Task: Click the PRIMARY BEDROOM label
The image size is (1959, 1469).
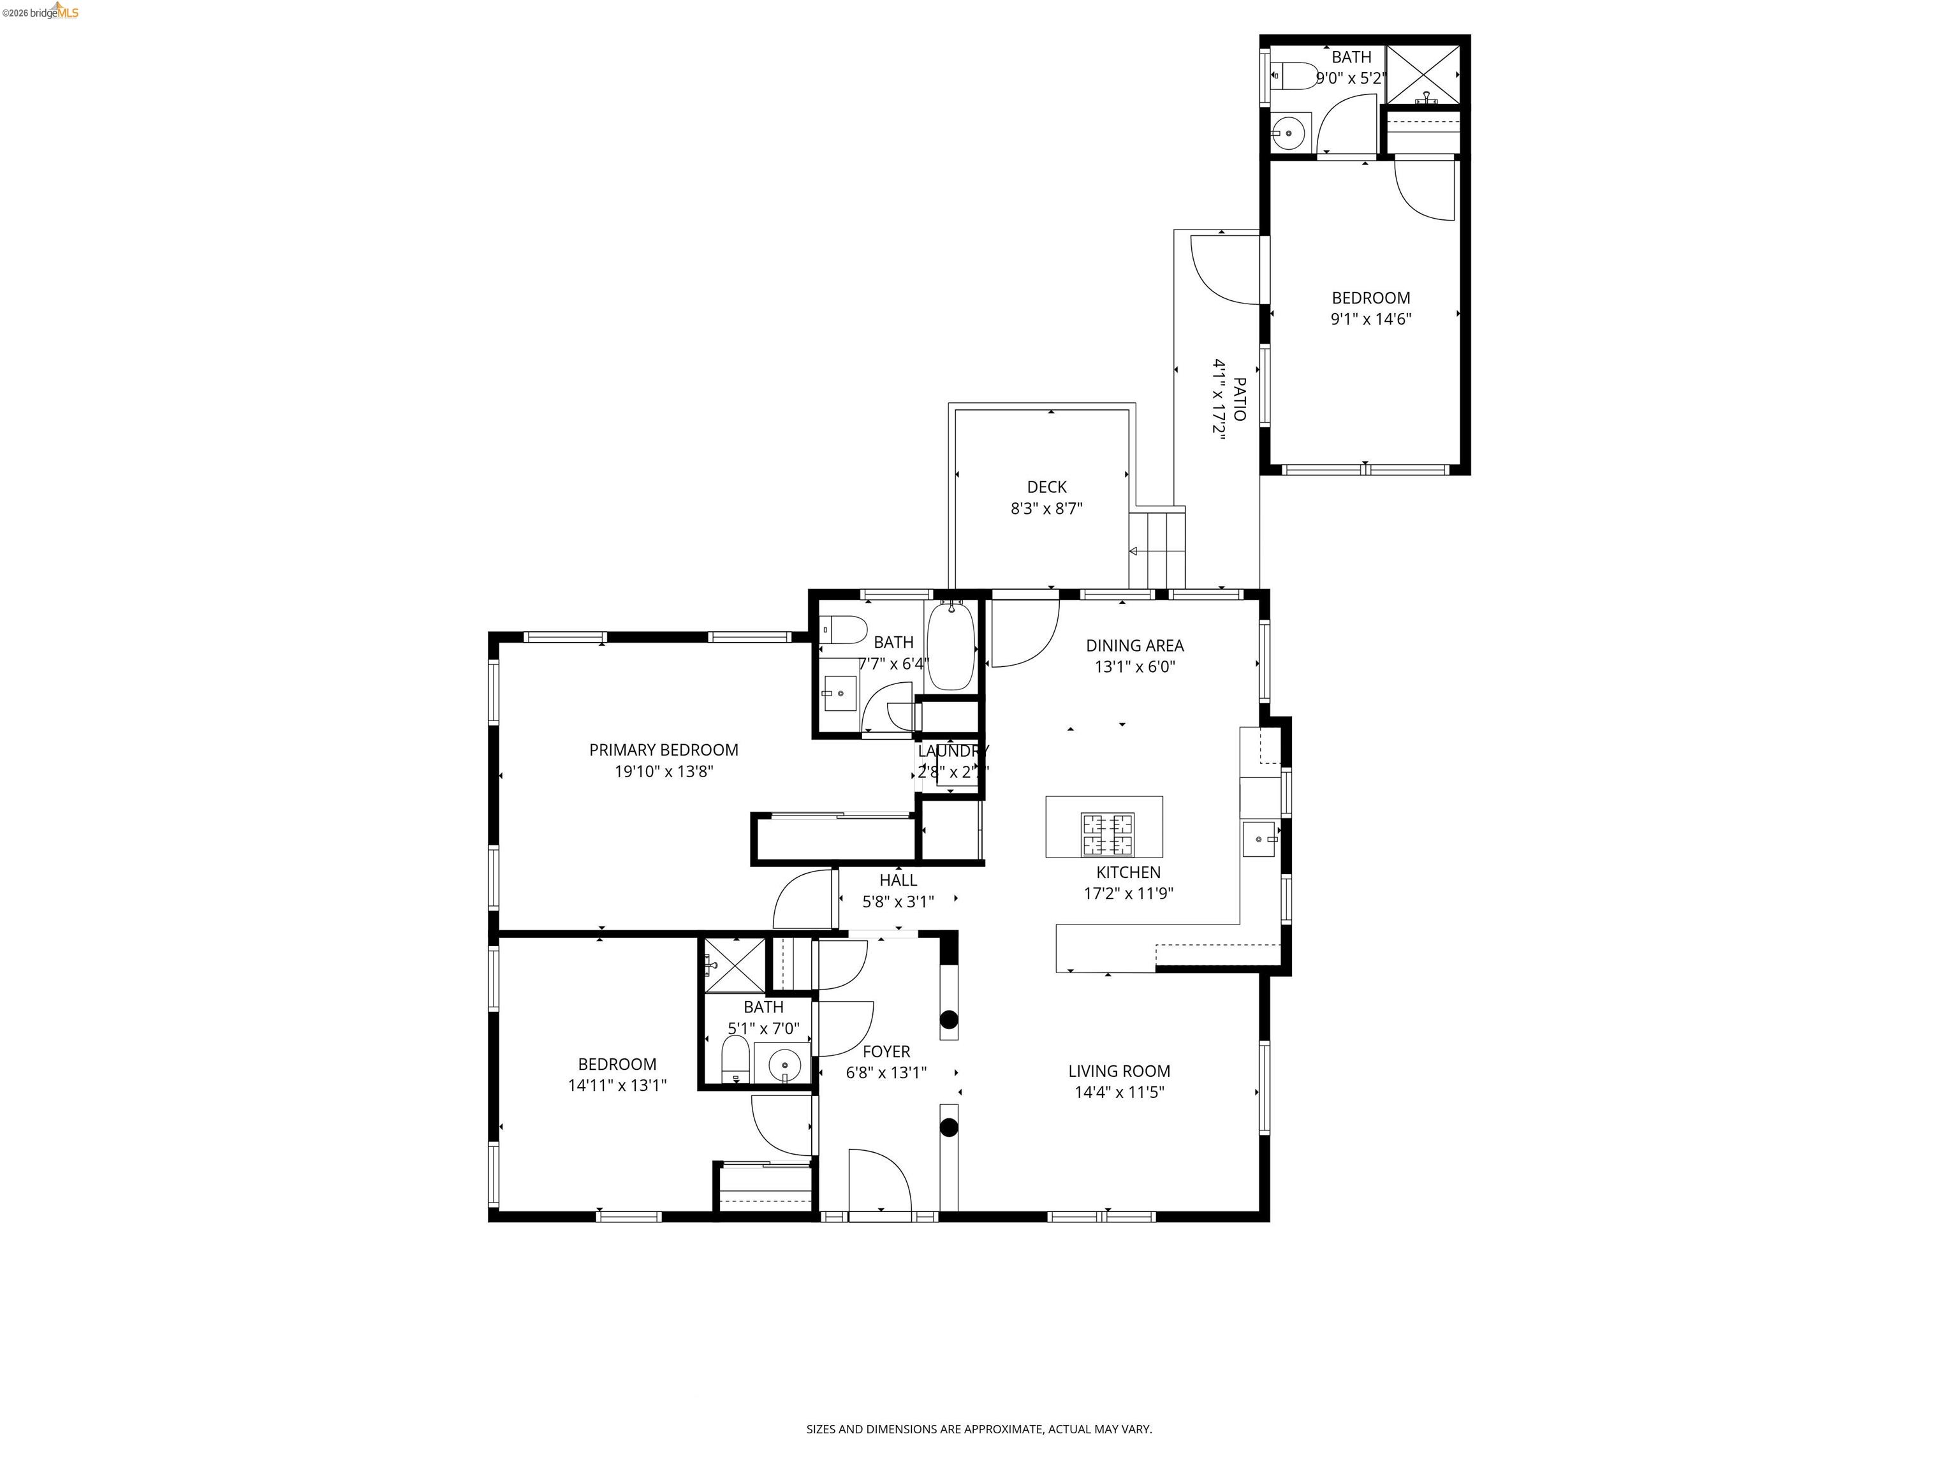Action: point(663,750)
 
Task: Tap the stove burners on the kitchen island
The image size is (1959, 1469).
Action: point(1106,834)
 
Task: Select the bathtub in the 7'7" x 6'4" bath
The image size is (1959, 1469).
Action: point(952,645)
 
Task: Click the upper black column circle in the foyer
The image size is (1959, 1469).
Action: point(948,1019)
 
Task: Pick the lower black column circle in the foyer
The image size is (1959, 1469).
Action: point(948,1127)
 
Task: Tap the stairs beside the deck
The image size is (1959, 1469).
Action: point(1157,549)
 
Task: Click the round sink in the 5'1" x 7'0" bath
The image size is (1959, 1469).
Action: point(784,1066)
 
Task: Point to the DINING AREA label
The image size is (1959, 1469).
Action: point(1134,645)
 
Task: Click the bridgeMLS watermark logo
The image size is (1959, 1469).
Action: point(41,11)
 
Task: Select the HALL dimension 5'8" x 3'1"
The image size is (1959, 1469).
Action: point(898,902)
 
